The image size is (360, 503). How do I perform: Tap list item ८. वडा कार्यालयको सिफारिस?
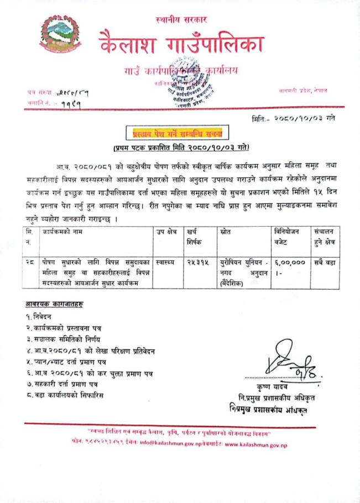pos(64,395)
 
